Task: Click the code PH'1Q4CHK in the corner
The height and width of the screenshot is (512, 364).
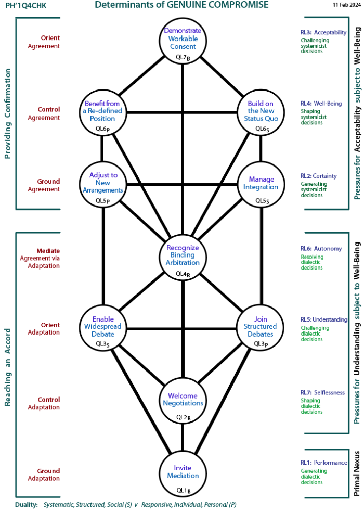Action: pos(25,6)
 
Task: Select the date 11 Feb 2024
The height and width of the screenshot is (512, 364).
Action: pos(346,5)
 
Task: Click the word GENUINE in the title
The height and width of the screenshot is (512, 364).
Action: pos(189,5)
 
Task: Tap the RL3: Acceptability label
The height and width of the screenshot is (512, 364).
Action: pos(323,32)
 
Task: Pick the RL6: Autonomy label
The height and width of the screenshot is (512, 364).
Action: pos(321,249)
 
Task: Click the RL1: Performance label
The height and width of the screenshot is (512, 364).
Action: pos(323,463)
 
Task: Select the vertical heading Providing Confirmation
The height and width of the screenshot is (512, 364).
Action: pos(8,113)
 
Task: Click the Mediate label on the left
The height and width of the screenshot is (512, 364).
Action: pos(48,250)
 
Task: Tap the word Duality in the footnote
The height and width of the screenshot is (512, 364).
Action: pos(26,505)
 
